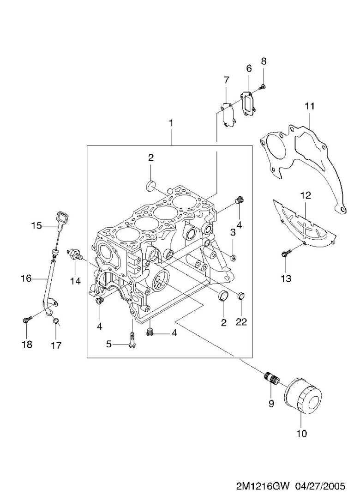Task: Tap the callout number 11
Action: pyautogui.click(x=309, y=106)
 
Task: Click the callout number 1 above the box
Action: pyautogui.click(x=171, y=123)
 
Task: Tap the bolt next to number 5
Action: pyautogui.click(x=132, y=342)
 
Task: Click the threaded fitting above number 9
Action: pyautogui.click(x=271, y=378)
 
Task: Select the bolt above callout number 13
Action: pyautogui.click(x=287, y=253)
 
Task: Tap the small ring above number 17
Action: pyautogui.click(x=55, y=321)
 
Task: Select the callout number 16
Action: pyautogui.click(x=26, y=278)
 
